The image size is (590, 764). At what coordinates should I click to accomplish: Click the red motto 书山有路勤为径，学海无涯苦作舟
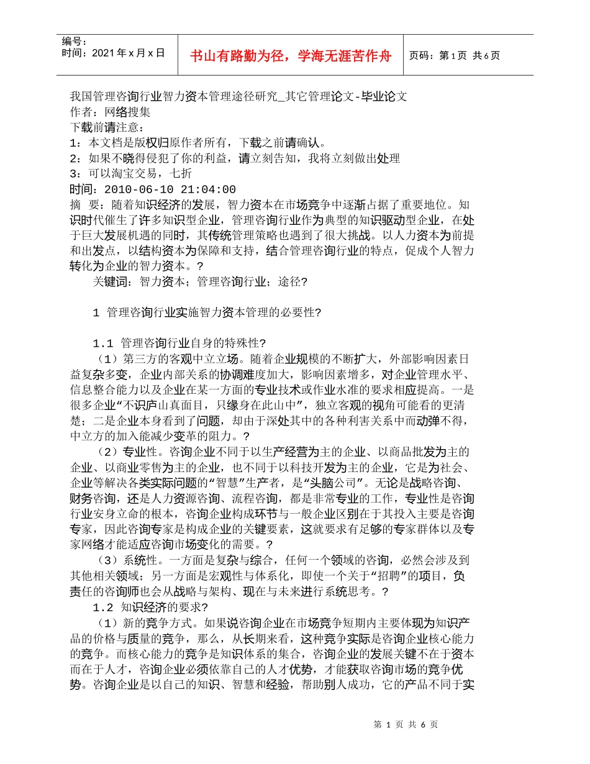click(x=291, y=56)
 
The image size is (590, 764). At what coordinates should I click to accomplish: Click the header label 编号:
click(x=74, y=41)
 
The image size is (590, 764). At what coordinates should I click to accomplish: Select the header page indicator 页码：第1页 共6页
click(x=455, y=56)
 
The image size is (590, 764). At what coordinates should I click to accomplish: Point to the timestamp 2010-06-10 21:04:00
click(x=170, y=189)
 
